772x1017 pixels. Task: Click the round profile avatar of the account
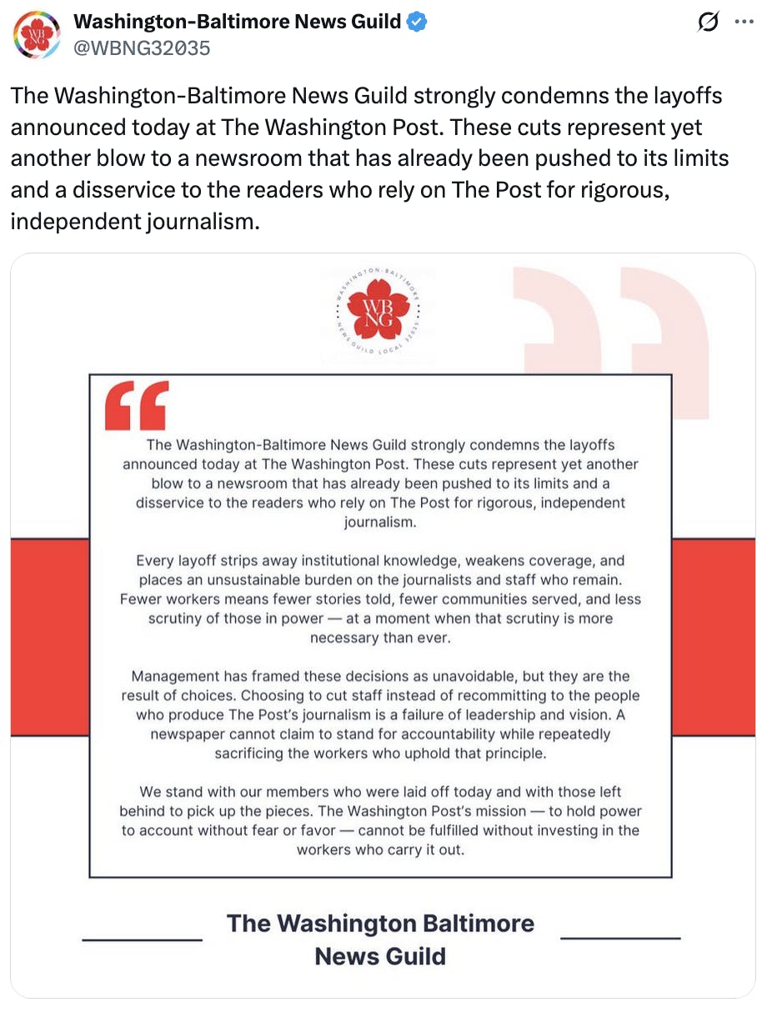coord(36,34)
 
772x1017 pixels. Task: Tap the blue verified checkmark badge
coord(418,23)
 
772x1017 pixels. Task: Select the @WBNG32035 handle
coord(142,48)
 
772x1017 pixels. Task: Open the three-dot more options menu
coord(744,23)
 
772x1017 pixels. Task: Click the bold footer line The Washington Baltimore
coord(380,924)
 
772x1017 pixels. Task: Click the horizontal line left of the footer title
coord(142,939)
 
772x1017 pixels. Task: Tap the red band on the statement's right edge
coord(714,638)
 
